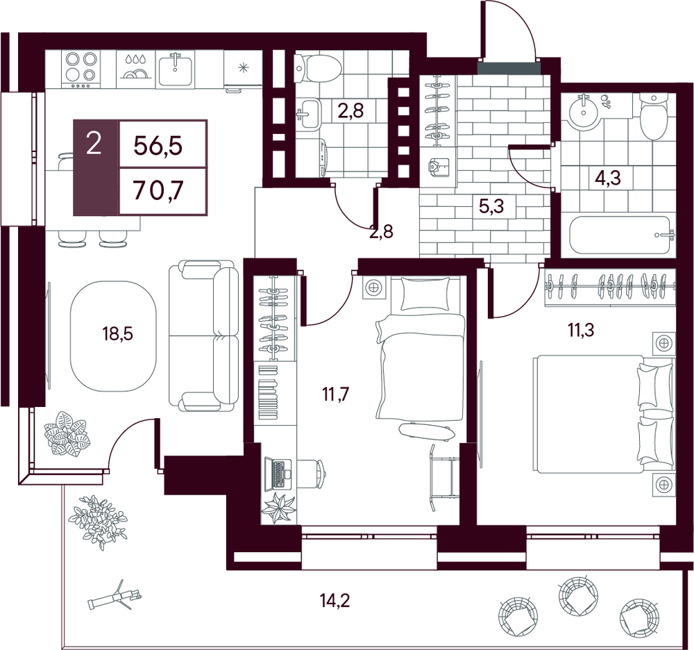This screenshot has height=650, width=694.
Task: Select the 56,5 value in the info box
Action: point(158,144)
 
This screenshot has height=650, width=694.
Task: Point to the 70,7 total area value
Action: point(158,192)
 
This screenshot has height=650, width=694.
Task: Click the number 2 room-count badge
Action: point(94,144)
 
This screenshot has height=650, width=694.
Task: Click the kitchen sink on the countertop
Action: point(176,69)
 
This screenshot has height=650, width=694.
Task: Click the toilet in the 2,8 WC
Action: point(317,68)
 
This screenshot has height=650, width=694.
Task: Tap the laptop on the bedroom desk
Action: point(278,474)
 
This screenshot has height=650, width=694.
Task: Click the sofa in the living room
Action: point(203,335)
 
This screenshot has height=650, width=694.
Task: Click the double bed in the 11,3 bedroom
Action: point(604,414)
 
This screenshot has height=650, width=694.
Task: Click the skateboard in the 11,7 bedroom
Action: point(426,431)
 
